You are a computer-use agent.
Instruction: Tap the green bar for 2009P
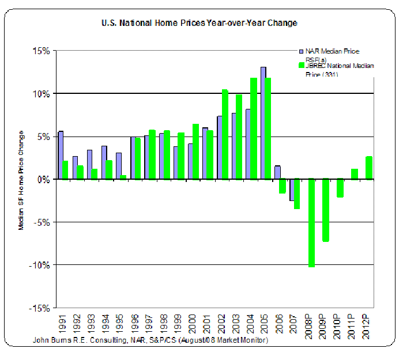[326, 210]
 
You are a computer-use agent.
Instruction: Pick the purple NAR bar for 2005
[263, 123]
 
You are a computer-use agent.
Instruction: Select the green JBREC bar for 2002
[225, 134]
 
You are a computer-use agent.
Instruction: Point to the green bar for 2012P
[369, 168]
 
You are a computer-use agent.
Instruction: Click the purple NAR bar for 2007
[292, 190]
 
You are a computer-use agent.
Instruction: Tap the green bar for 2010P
[341, 188]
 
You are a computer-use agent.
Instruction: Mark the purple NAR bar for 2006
[277, 172]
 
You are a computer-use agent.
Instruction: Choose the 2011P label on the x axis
[353, 327]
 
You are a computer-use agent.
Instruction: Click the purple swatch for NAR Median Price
[300, 51]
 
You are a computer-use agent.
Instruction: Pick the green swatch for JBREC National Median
[300, 66]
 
